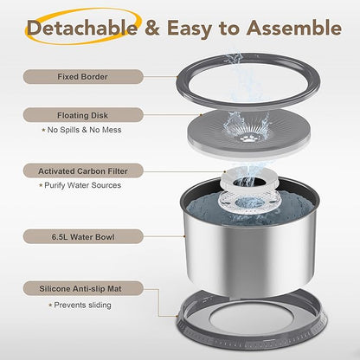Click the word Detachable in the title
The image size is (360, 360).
pos(82,28)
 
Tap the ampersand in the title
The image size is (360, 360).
pos(151,28)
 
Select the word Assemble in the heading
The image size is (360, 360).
pos(294,28)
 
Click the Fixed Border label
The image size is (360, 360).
pos(83,77)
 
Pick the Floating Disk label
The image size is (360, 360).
pos(83,115)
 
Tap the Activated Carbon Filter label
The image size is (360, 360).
pos(83,171)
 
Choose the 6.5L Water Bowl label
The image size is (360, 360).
pos(83,237)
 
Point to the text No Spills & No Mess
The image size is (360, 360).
pos(84,130)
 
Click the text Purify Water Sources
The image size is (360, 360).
pos(82,185)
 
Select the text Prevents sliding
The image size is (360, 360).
pos(82,305)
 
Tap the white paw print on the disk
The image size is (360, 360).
pos(247,139)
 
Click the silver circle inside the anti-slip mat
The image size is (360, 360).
pos(251,319)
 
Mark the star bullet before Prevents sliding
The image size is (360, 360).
pos(50,305)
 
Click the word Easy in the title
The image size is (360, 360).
pos(190,29)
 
